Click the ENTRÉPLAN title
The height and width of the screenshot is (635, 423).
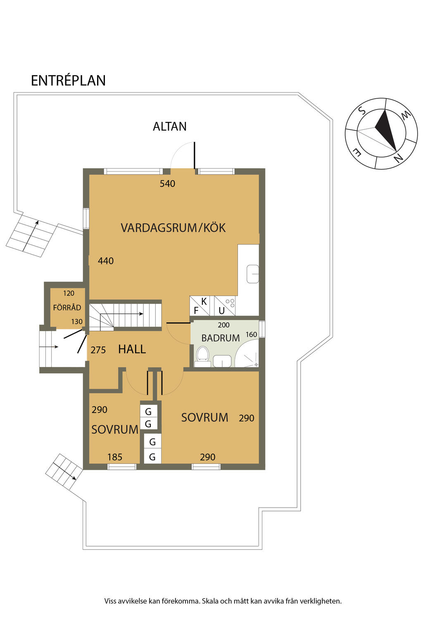click(x=68, y=80)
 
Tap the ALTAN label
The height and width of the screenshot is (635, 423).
click(x=169, y=126)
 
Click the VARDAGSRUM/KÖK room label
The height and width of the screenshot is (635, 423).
click(x=173, y=228)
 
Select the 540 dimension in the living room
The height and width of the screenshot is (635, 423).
click(x=167, y=184)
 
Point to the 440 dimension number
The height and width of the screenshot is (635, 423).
click(x=105, y=261)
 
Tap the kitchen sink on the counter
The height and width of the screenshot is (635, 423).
click(x=252, y=274)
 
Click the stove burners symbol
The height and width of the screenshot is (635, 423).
click(x=231, y=303)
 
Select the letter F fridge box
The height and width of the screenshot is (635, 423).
click(x=196, y=310)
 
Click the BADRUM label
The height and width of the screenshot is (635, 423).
click(x=221, y=338)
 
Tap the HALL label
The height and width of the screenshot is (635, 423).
click(x=132, y=349)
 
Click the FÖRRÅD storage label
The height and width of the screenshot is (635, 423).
click(x=67, y=308)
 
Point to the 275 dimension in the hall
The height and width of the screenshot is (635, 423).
click(x=98, y=350)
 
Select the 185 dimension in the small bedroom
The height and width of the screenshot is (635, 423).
click(x=114, y=457)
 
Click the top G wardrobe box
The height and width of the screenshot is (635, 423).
click(x=148, y=411)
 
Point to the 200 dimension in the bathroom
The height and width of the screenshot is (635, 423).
click(x=223, y=325)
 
